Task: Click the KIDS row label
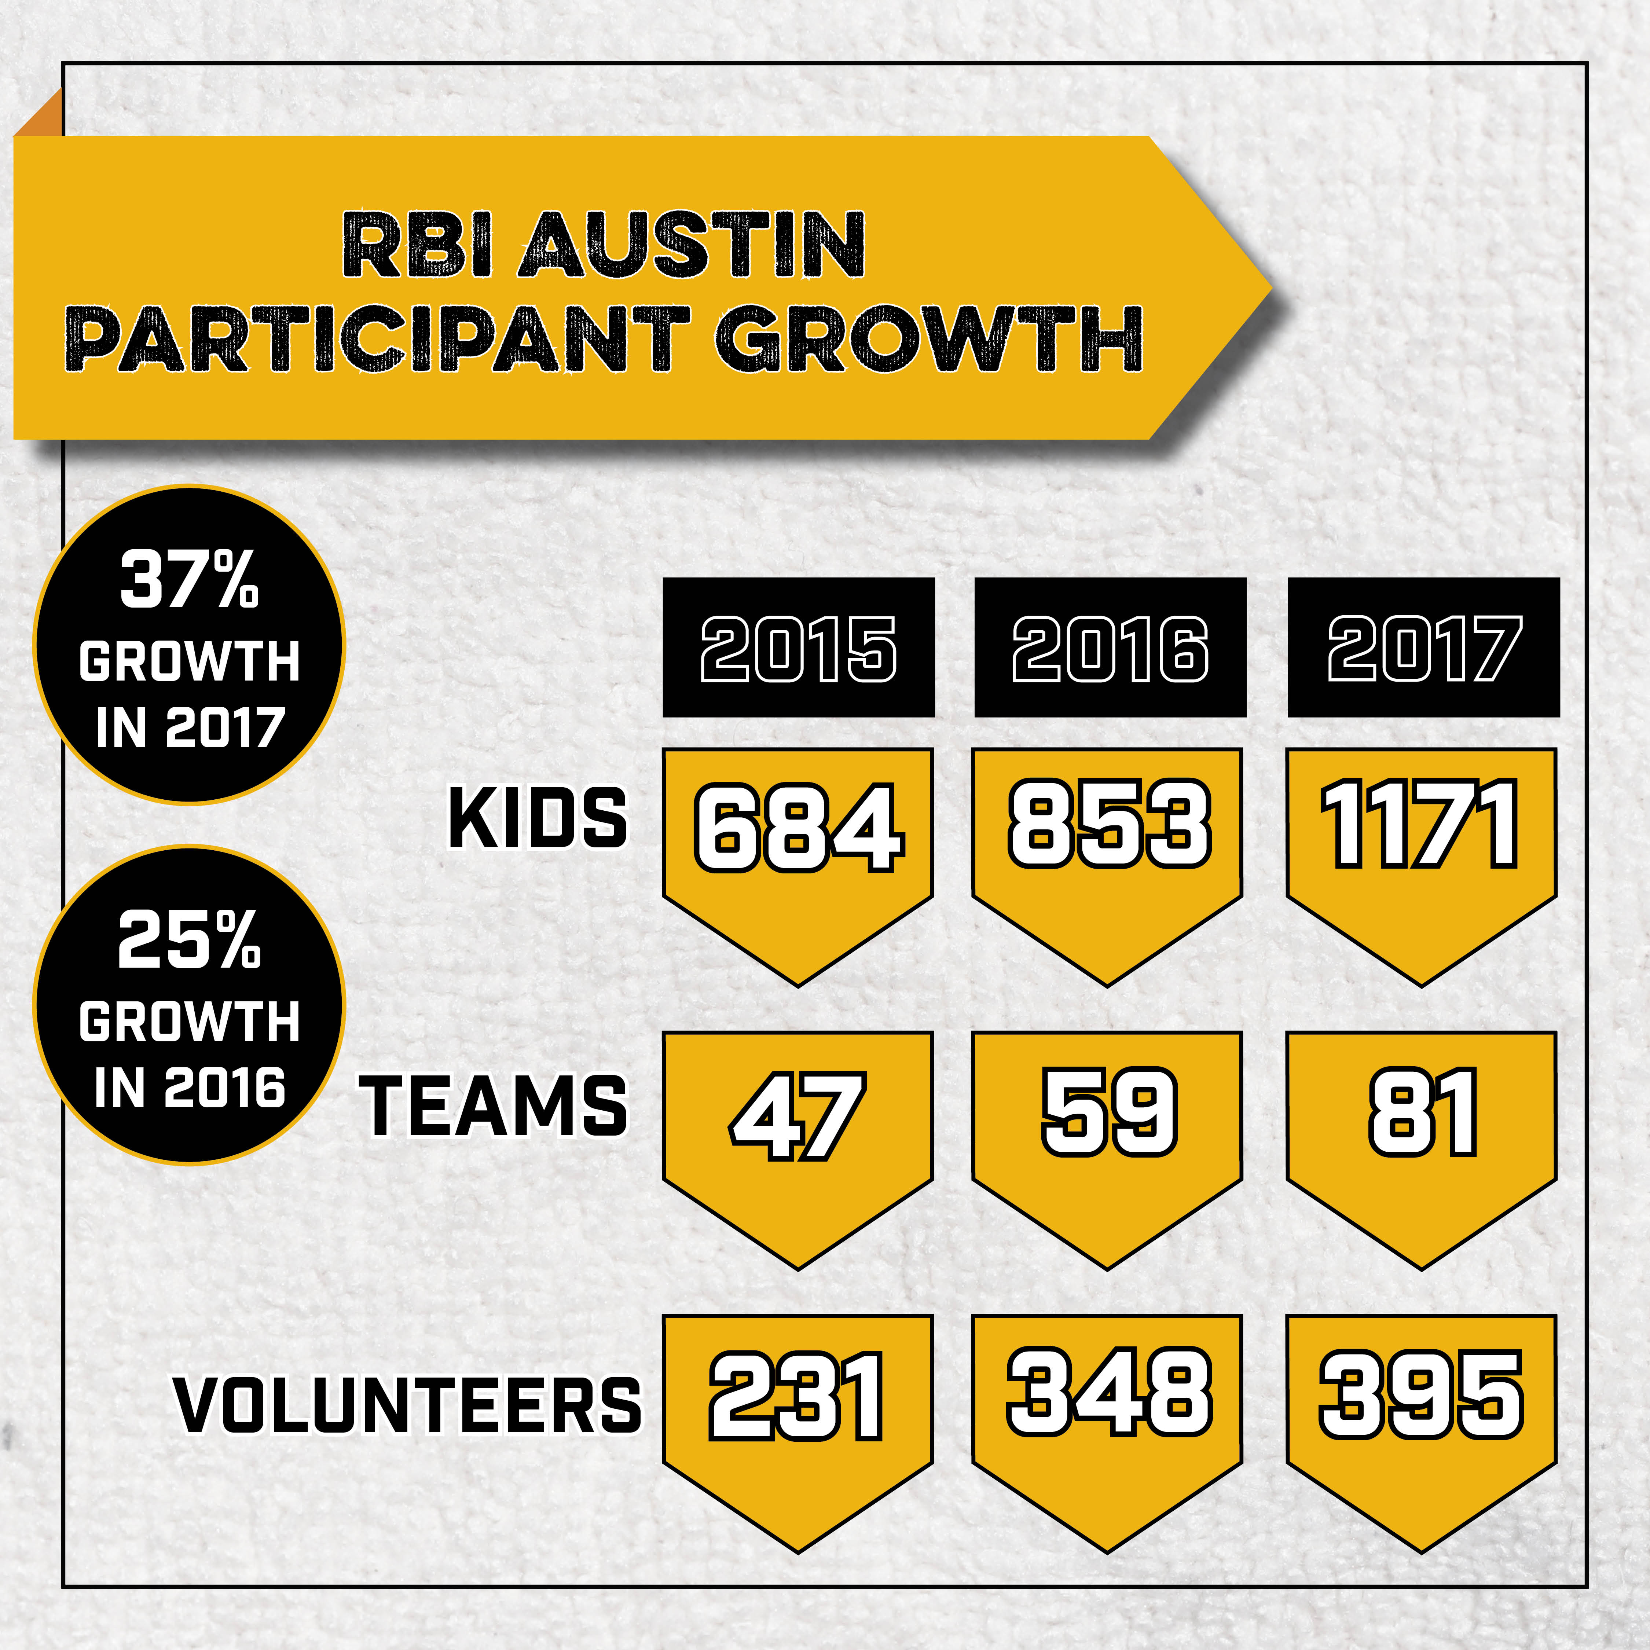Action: [538, 818]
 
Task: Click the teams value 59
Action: [1110, 1112]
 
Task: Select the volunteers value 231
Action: [796, 1396]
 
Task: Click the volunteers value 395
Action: [1421, 1394]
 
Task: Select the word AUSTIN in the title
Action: [692, 245]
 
